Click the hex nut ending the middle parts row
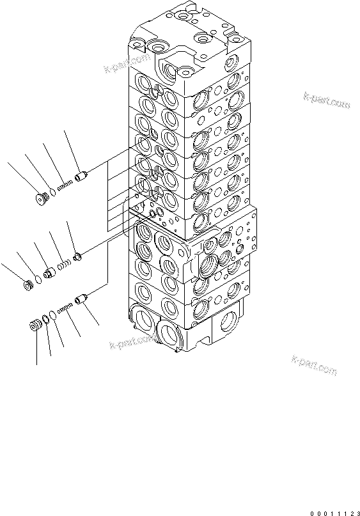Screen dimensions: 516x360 coord(29,284)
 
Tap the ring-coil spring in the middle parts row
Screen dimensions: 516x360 coord(63,263)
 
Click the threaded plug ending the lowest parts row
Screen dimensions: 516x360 coord(36,324)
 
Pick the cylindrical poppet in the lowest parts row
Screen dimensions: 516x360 coord(81,299)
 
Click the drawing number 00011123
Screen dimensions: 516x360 coord(332,512)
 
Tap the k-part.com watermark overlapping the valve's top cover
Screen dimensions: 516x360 coord(129,67)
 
